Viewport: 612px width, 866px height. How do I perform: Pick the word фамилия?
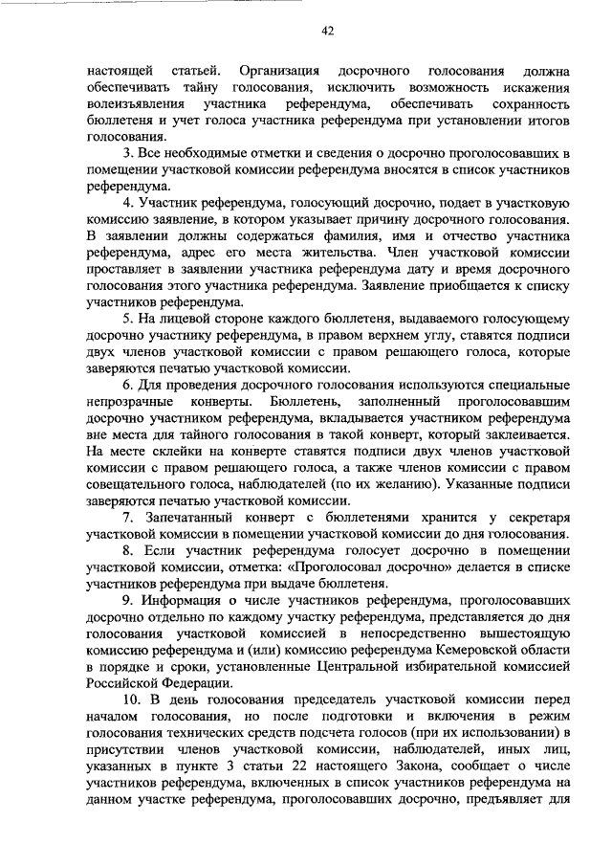pos(389,235)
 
